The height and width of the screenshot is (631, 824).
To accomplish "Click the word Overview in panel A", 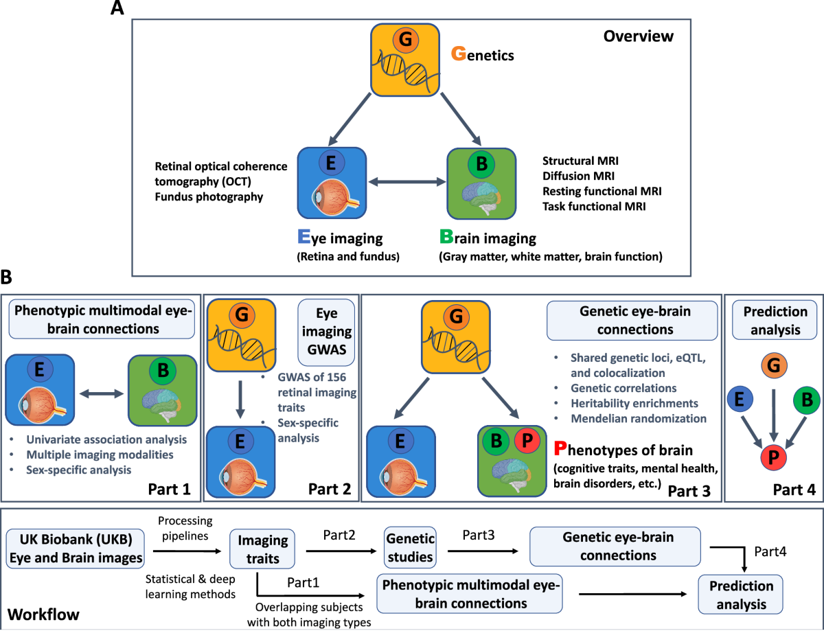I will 639,36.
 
